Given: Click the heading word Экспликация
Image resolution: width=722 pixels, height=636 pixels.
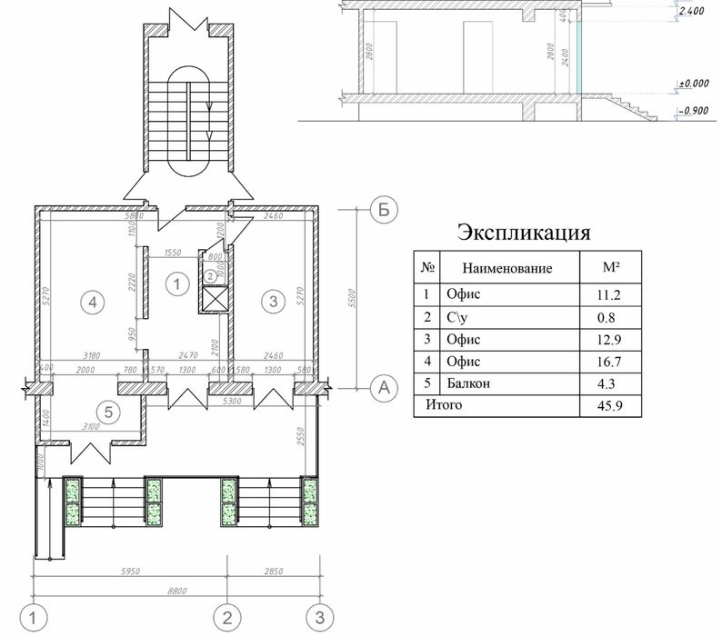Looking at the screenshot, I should (523, 231).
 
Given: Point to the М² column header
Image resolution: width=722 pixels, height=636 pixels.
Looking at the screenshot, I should (611, 267).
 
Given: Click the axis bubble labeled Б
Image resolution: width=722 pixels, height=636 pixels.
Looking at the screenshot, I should (385, 210).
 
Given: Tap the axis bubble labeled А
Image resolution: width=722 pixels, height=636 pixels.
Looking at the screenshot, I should (385, 388).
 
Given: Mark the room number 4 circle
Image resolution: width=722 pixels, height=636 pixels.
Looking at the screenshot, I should (89, 302).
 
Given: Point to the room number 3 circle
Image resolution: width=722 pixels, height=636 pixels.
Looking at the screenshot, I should (269, 302).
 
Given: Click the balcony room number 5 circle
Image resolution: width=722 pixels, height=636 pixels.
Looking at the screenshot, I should (109, 412).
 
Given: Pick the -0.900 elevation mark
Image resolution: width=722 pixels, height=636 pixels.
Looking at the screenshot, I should (694, 110).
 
